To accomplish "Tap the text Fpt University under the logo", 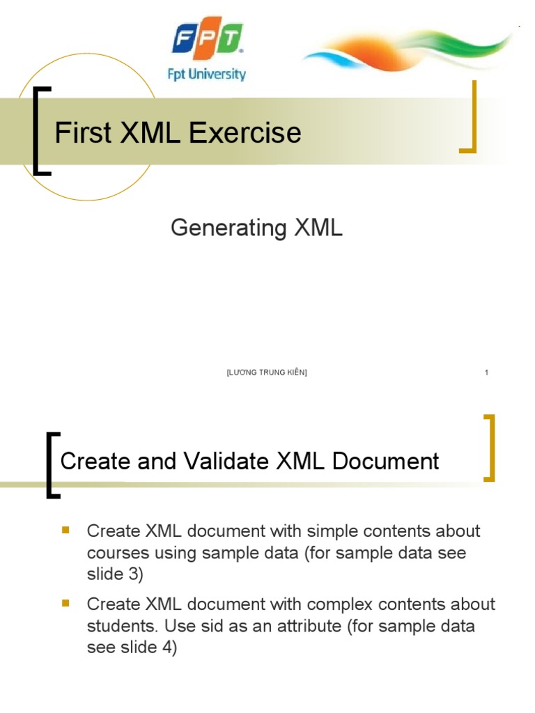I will coord(207,73).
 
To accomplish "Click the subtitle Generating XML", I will coord(256,228).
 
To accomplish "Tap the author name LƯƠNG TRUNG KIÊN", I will coord(267,373).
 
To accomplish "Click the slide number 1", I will coord(486,373).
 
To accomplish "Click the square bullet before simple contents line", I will coord(66,530).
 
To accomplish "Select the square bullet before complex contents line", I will coord(66,602).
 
